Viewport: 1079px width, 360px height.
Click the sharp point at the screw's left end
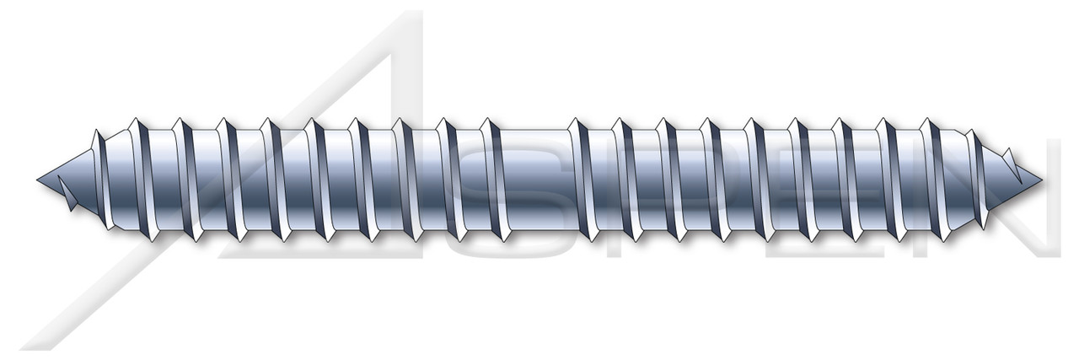click(40, 178)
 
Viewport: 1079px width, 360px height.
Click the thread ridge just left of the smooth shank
click(496, 179)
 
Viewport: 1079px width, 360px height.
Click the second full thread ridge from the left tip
click(187, 179)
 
